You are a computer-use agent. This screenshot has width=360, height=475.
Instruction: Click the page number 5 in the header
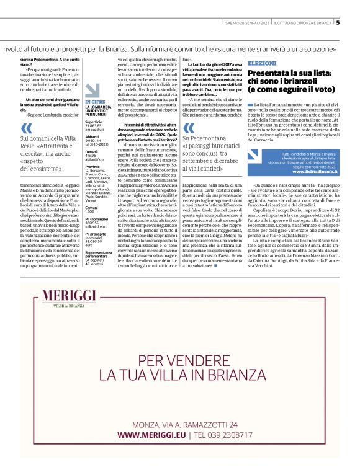[338, 24]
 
